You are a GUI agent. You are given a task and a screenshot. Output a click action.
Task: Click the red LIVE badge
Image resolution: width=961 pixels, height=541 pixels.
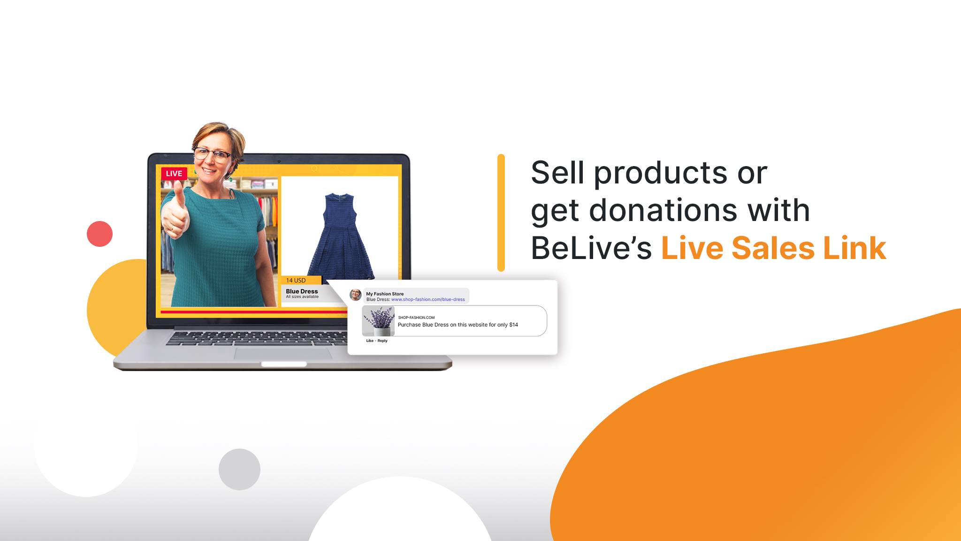[x=174, y=173]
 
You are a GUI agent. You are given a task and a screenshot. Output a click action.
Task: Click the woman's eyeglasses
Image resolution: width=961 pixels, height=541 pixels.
[x=213, y=154]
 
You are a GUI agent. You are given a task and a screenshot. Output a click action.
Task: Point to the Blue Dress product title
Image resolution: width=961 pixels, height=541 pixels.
[x=302, y=291]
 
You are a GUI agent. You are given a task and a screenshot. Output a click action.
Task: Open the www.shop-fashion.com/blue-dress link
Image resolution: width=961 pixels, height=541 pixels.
[x=428, y=299]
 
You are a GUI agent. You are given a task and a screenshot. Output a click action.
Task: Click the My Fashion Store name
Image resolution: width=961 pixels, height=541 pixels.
[x=385, y=294]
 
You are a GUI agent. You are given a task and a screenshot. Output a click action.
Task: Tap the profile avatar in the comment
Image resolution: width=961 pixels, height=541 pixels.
[x=356, y=295]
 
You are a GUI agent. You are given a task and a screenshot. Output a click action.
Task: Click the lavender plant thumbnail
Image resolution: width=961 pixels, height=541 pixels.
[x=379, y=321]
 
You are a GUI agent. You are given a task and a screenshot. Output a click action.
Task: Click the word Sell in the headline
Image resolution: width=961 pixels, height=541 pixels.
[x=558, y=173]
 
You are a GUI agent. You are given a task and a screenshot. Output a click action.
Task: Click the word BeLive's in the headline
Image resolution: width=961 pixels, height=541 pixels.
[x=591, y=248]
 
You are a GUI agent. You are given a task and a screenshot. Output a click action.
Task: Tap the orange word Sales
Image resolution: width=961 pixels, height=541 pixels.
[x=773, y=248]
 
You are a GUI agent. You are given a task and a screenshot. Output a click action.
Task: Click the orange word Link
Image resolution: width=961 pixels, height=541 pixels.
[x=854, y=248]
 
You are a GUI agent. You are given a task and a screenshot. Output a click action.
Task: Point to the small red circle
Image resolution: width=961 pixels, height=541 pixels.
[x=99, y=234]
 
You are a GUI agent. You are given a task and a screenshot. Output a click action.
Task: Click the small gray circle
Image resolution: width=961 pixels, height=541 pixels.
[x=239, y=469]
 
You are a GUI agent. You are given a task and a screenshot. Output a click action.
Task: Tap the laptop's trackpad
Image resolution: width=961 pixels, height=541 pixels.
[x=283, y=353]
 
